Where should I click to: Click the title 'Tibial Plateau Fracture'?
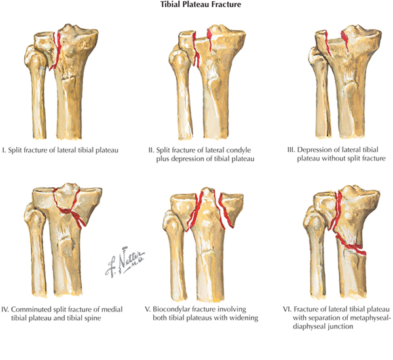click(196, 7)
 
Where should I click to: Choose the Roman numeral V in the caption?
click(149, 306)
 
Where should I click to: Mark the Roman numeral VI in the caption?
click(279, 306)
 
